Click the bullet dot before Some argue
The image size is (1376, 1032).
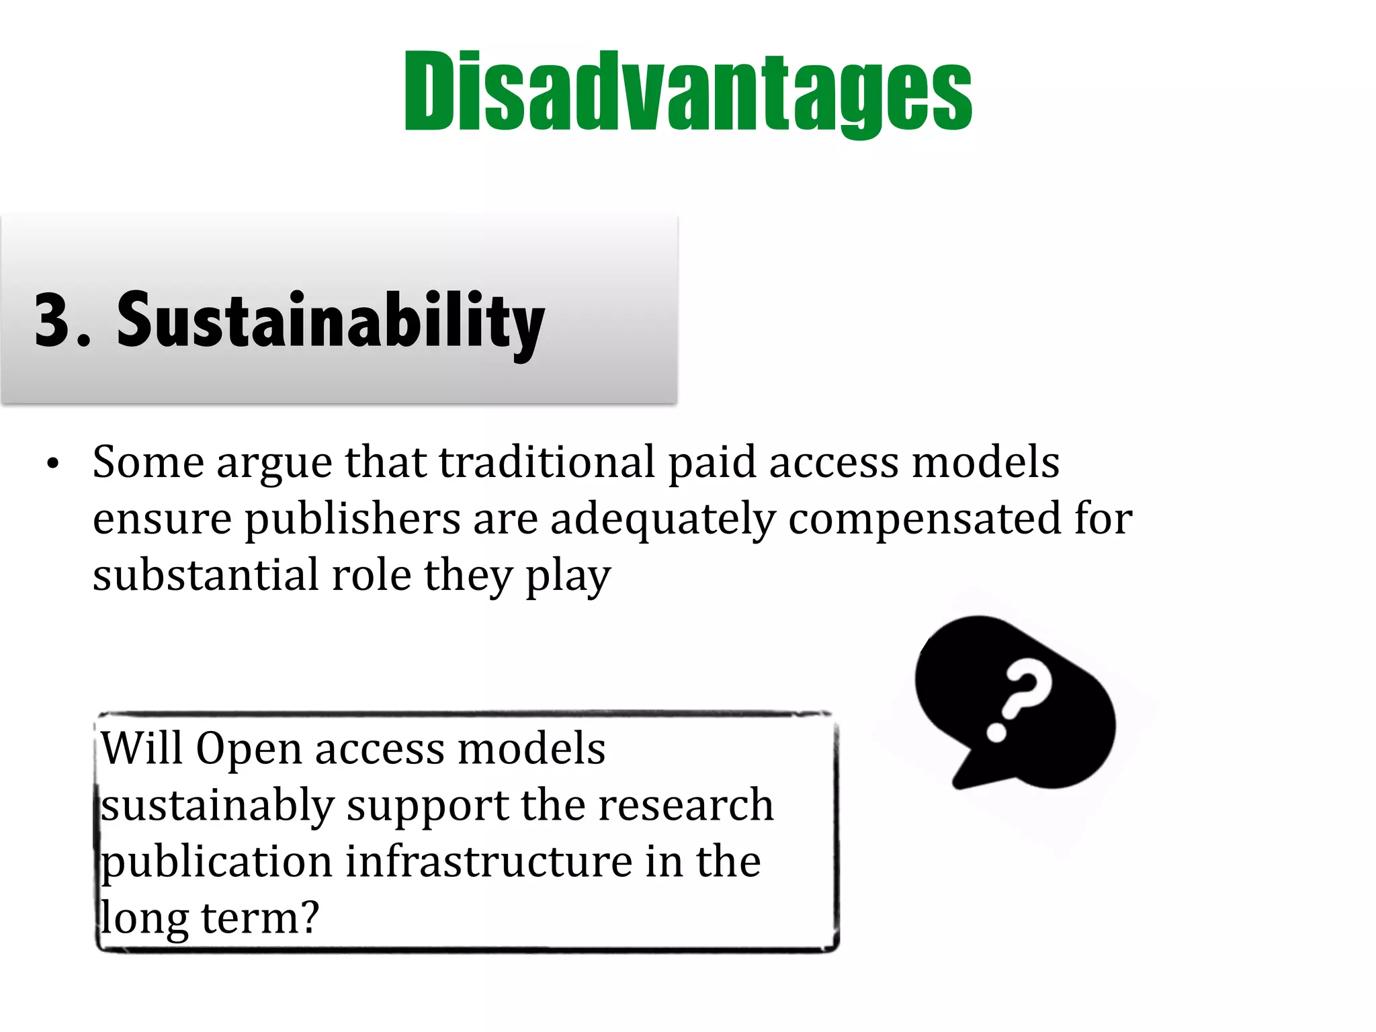(53, 464)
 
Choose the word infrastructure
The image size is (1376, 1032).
(489, 862)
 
